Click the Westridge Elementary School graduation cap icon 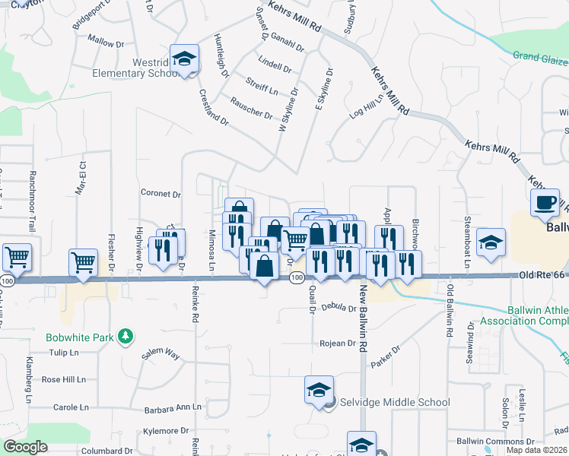183,59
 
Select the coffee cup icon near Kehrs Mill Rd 545,202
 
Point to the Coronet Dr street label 161,194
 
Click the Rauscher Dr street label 252,109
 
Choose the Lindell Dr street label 275,63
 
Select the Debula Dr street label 339,308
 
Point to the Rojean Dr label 339,344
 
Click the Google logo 25,447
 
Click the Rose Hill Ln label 63,379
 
